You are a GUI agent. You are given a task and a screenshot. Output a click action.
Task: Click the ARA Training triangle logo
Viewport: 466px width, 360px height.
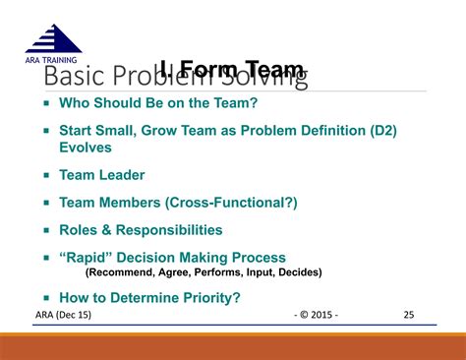(x=53, y=38)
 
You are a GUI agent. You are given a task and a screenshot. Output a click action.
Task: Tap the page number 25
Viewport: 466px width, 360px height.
(x=409, y=315)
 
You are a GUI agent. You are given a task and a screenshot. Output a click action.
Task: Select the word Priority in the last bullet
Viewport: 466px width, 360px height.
(x=208, y=297)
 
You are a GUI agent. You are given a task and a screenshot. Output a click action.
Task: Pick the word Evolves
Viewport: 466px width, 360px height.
(x=86, y=148)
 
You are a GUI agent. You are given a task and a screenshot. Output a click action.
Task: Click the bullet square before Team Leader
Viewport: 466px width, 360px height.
(x=46, y=175)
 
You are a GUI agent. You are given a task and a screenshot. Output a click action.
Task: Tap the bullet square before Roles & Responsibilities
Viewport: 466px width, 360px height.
(x=46, y=230)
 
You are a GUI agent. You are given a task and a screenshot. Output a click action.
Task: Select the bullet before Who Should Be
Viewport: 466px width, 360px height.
(x=46, y=102)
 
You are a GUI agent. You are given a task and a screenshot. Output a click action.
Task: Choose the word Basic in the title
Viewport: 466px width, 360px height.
(x=68, y=77)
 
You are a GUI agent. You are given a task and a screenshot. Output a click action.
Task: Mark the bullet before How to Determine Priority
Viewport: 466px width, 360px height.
(x=46, y=297)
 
